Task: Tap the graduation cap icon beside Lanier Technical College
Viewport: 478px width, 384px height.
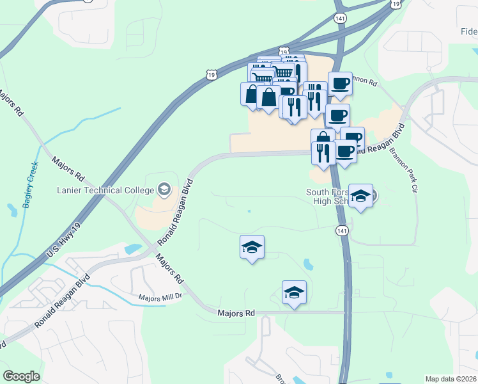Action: point(164,189)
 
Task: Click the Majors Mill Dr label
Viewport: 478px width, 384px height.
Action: point(160,298)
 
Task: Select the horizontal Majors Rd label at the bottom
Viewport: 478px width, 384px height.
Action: point(236,314)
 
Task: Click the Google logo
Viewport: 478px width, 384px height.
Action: point(21,376)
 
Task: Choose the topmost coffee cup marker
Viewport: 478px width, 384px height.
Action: point(340,83)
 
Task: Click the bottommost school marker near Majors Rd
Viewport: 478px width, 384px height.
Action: point(294,292)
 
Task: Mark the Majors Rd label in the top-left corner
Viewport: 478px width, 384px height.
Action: point(12,103)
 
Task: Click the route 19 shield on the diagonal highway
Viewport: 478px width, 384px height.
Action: point(212,76)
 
